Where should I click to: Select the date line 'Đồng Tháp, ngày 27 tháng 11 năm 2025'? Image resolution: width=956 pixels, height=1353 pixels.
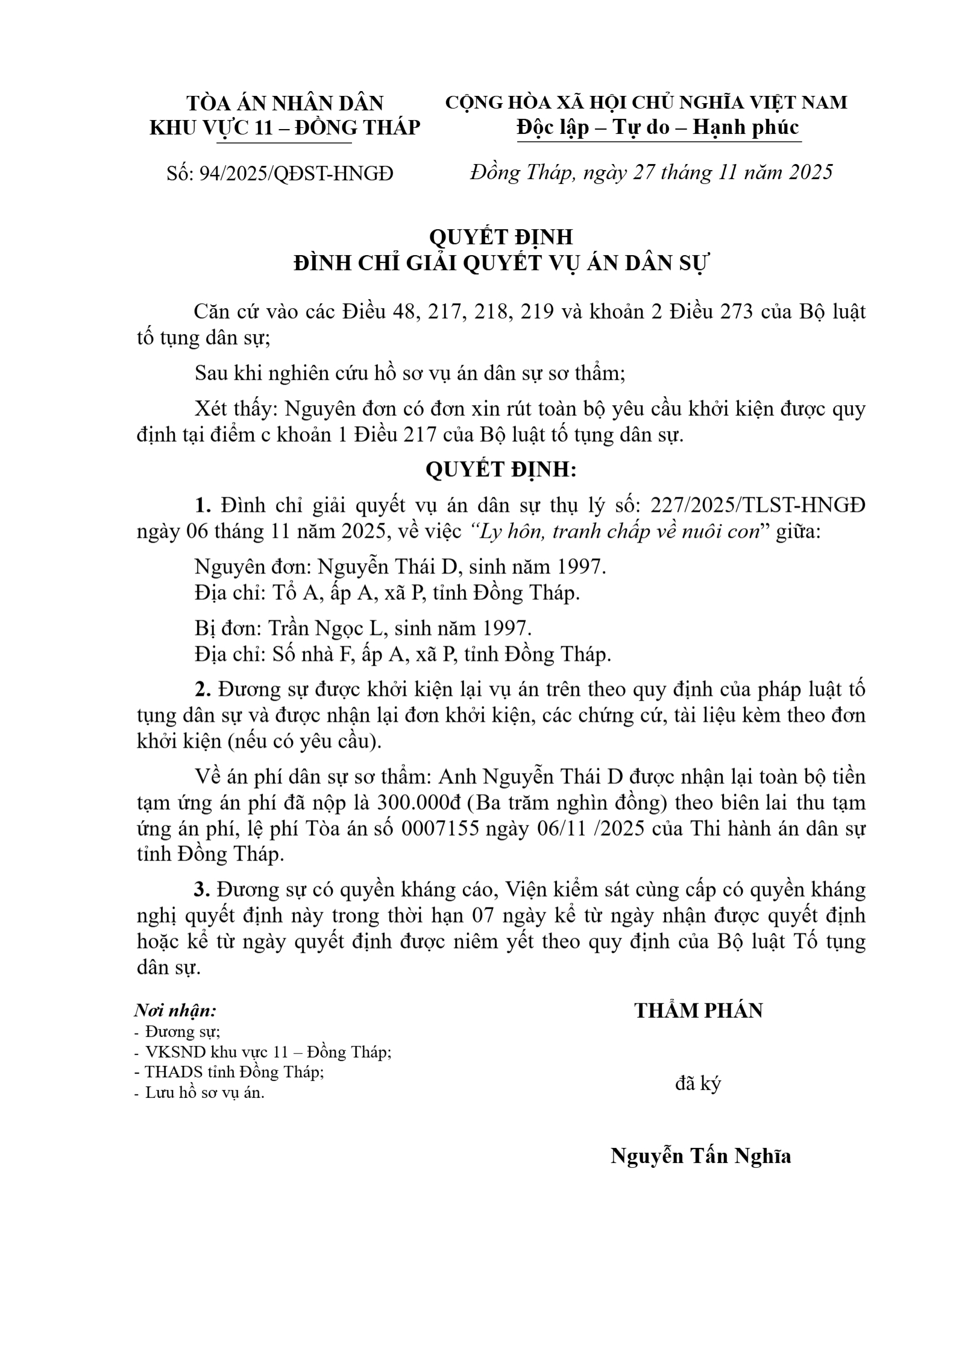[651, 172]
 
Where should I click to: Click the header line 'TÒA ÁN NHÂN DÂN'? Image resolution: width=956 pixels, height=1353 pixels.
[285, 103]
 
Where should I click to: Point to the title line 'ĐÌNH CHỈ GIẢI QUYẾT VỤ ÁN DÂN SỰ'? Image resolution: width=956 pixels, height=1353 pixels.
[502, 263]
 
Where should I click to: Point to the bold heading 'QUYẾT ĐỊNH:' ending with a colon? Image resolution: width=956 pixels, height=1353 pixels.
[501, 470]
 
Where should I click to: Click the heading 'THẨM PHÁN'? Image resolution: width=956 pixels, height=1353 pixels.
[698, 1011]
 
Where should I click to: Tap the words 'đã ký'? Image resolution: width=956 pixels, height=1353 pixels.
[697, 1083]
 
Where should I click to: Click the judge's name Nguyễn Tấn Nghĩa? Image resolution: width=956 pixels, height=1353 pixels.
[700, 1156]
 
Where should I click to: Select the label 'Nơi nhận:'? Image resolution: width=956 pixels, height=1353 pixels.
[175, 1010]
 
